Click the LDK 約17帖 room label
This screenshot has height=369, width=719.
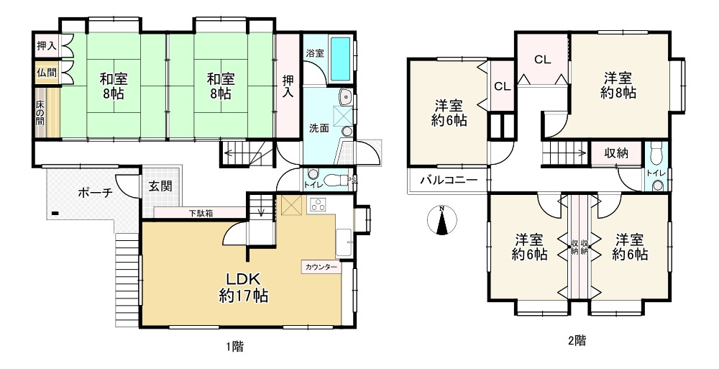(243, 286)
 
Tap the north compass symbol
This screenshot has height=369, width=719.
(442, 221)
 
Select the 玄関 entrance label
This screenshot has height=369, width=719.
(160, 186)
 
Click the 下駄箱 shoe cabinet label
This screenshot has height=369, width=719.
(202, 213)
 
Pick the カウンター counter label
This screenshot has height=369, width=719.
(321, 267)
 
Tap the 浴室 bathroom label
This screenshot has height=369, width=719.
(315, 53)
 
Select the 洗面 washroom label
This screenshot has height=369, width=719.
(319, 129)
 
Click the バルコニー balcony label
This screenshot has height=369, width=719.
(449, 180)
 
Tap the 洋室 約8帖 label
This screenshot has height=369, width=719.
(618, 85)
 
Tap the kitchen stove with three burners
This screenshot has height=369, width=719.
(318, 205)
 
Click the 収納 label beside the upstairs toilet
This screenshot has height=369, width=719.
(615, 152)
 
